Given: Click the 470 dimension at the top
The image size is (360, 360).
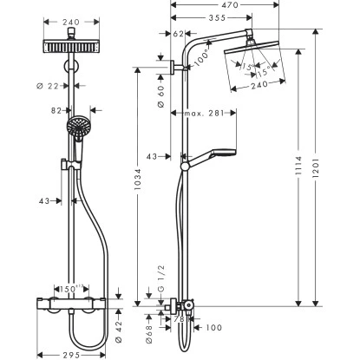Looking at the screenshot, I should click(230, 6).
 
